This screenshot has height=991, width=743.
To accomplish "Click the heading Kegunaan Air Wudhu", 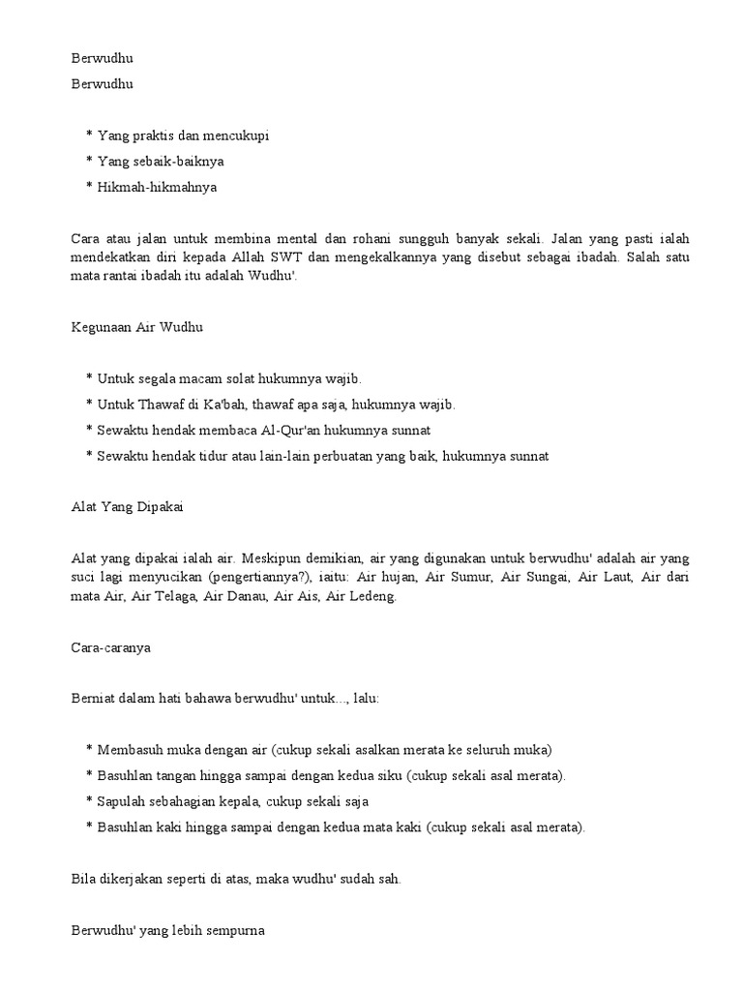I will tap(137, 328).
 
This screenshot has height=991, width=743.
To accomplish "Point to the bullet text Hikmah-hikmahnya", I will tap(157, 187).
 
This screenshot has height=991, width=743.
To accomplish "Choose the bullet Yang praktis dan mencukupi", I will tap(183, 135).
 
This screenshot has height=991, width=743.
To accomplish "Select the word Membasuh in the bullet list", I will tap(130, 749).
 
